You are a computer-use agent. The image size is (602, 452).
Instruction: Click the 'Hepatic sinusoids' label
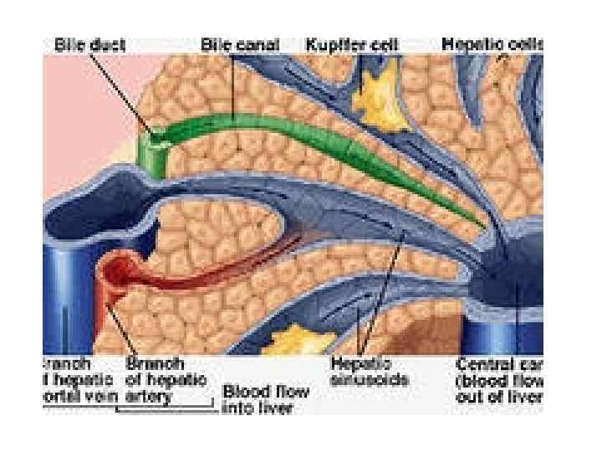pyautogui.click(x=369, y=372)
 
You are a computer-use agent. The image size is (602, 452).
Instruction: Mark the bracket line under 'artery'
pyautogui.click(x=167, y=408)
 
